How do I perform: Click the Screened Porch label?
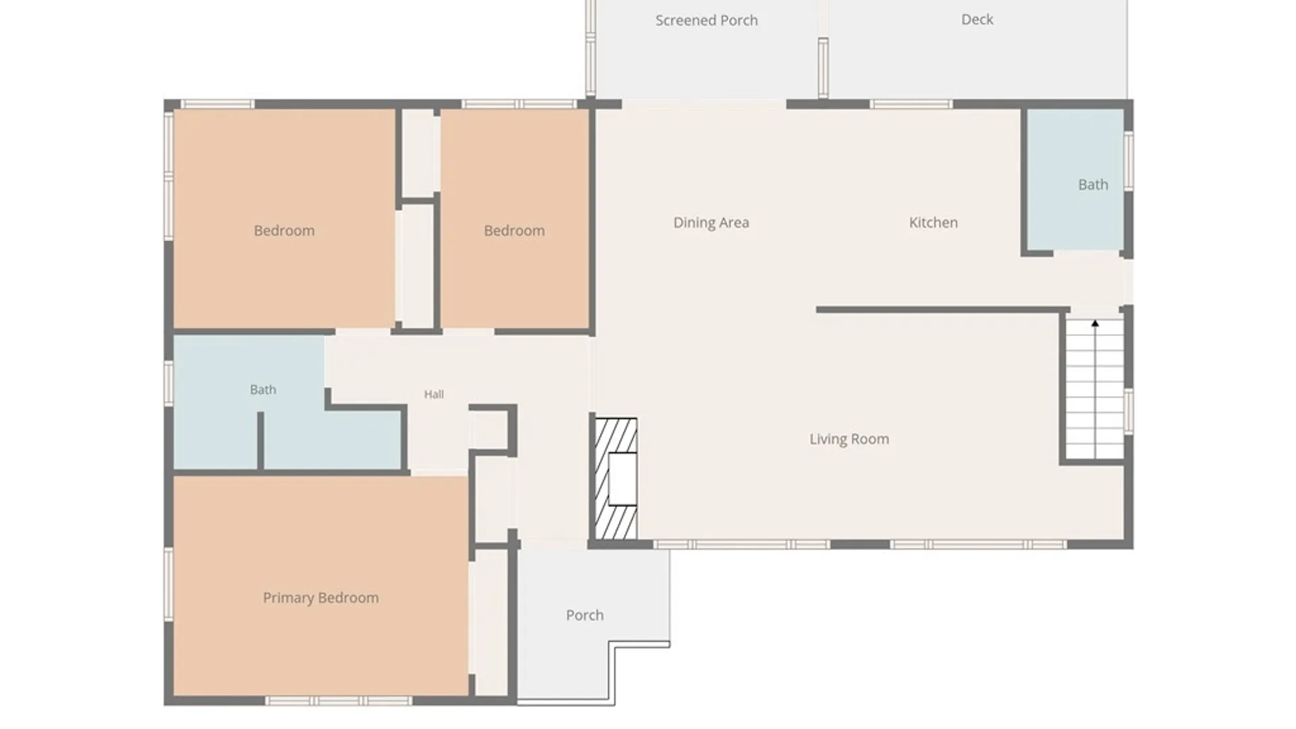pos(706,20)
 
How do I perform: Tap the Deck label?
pos(977,20)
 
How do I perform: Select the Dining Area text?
pos(711,223)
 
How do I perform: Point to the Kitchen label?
pos(933,223)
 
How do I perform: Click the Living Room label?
pos(849,439)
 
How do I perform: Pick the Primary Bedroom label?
pos(321,598)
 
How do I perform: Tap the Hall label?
pos(434,394)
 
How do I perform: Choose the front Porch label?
pos(585,615)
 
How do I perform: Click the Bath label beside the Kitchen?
pos(1093,184)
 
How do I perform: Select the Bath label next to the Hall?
pos(263,389)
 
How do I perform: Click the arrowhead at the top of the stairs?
pos(1095,324)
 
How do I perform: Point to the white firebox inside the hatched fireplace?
pos(622,479)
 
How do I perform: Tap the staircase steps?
pos(1095,390)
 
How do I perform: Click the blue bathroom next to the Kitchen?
pos(1075,180)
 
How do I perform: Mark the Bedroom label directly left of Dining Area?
pos(514,231)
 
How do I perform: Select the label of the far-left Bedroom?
pos(284,231)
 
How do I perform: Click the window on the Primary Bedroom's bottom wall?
pos(337,701)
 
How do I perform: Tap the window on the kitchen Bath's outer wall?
pos(1129,161)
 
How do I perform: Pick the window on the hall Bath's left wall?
pos(169,383)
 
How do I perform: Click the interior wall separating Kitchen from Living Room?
pos(943,310)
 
